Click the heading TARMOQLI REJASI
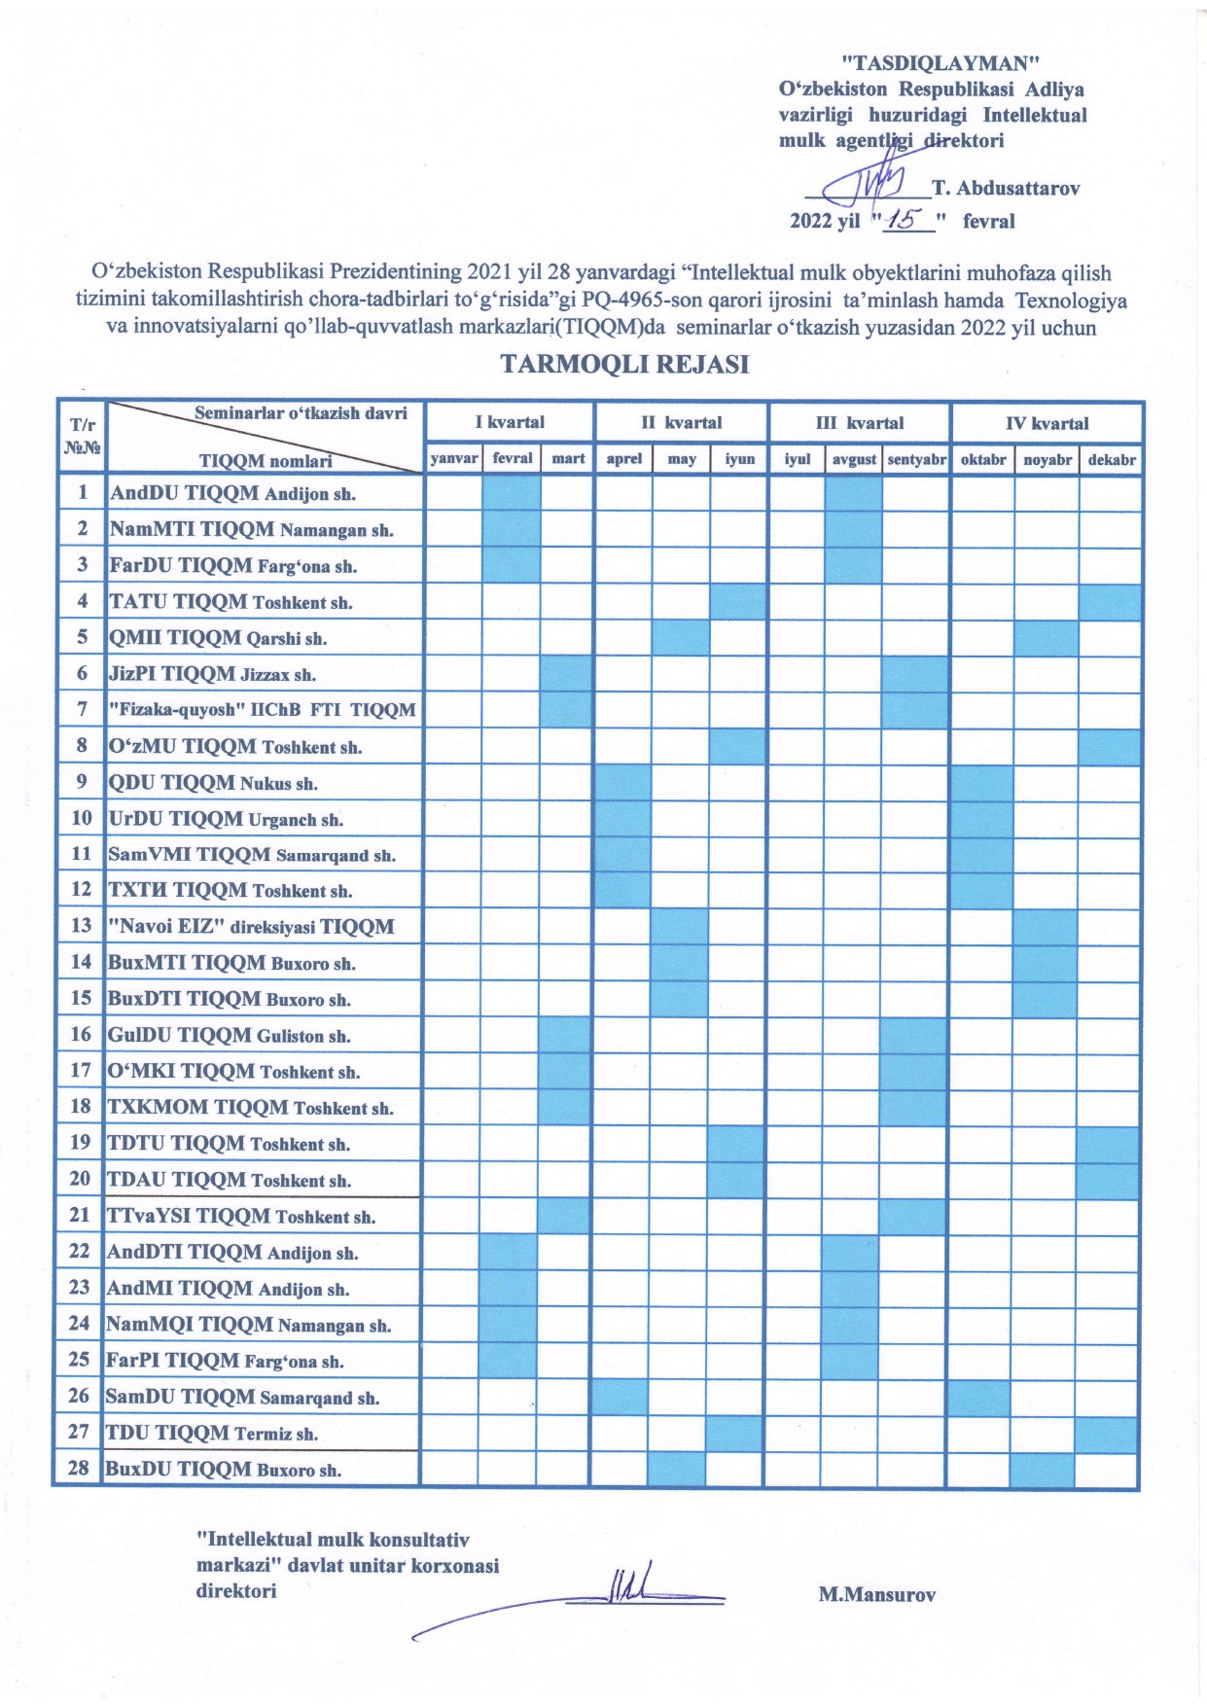click(x=624, y=365)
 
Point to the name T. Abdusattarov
click(x=1006, y=188)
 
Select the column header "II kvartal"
click(x=681, y=423)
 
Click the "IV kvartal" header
click(x=1047, y=423)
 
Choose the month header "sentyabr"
click(x=916, y=459)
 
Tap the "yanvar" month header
click(x=454, y=459)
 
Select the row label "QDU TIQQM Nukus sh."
click(x=213, y=783)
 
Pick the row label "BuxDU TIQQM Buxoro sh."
click(x=224, y=1469)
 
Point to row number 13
click(x=82, y=925)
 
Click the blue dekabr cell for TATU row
click(x=1111, y=602)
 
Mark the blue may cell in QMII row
click(x=681, y=639)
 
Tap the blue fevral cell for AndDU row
click(x=512, y=493)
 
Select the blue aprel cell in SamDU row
click(x=621, y=1397)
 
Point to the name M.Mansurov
click(x=876, y=1594)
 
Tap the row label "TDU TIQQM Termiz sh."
click(x=212, y=1433)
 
